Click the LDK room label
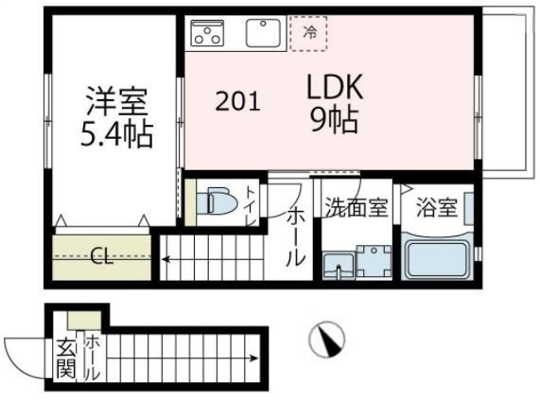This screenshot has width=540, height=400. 334,88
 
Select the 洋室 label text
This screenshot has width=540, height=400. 116,99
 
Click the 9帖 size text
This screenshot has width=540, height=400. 333,121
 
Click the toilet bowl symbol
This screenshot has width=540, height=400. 219,202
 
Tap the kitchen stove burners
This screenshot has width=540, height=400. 207,34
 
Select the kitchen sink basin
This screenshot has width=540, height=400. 265,34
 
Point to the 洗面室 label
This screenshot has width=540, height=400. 356,208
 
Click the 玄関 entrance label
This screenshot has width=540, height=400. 64,358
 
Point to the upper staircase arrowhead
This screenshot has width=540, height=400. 165,255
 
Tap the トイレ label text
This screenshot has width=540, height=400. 251,206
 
